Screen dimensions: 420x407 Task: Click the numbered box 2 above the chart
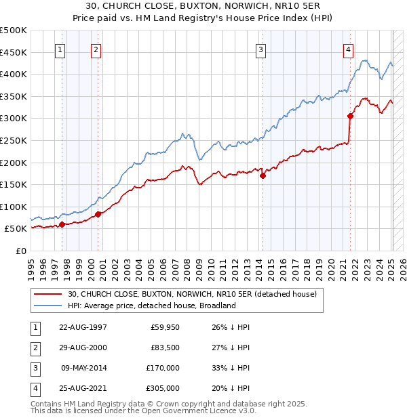pos(96,49)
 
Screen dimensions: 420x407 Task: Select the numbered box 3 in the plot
pos(261,49)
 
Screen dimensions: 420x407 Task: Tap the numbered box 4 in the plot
pos(348,49)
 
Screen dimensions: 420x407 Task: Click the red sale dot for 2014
pos(263,175)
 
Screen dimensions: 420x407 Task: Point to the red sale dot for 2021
pos(351,116)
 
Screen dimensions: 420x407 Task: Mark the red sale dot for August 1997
pos(62,224)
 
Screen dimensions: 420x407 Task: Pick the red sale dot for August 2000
pos(98,214)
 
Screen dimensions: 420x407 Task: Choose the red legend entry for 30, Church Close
pos(192,294)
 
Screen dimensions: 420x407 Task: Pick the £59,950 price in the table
pos(165,327)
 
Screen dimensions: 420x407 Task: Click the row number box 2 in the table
pos(35,348)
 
